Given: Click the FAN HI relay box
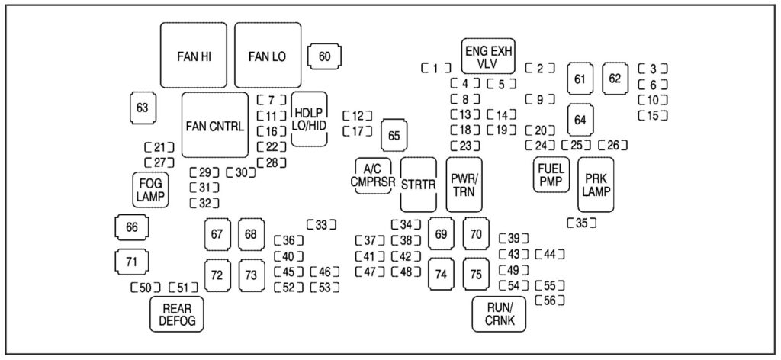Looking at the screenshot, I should (194, 56).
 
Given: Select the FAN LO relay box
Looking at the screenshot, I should (267, 56).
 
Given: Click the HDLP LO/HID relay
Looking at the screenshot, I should (309, 118).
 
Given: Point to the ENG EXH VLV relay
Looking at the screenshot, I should (487, 56).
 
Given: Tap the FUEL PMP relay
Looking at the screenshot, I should (550, 175).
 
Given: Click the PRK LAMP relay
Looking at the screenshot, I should (596, 184).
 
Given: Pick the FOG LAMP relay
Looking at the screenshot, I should (150, 189).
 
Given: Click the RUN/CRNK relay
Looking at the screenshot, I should (500, 313).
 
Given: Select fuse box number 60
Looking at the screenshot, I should (324, 56).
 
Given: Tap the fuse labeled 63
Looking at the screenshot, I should (142, 108).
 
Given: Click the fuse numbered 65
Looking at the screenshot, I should (394, 136).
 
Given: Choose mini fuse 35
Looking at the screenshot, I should (581, 223).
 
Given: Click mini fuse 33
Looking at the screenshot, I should (321, 224).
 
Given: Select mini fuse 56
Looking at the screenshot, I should (549, 301).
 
